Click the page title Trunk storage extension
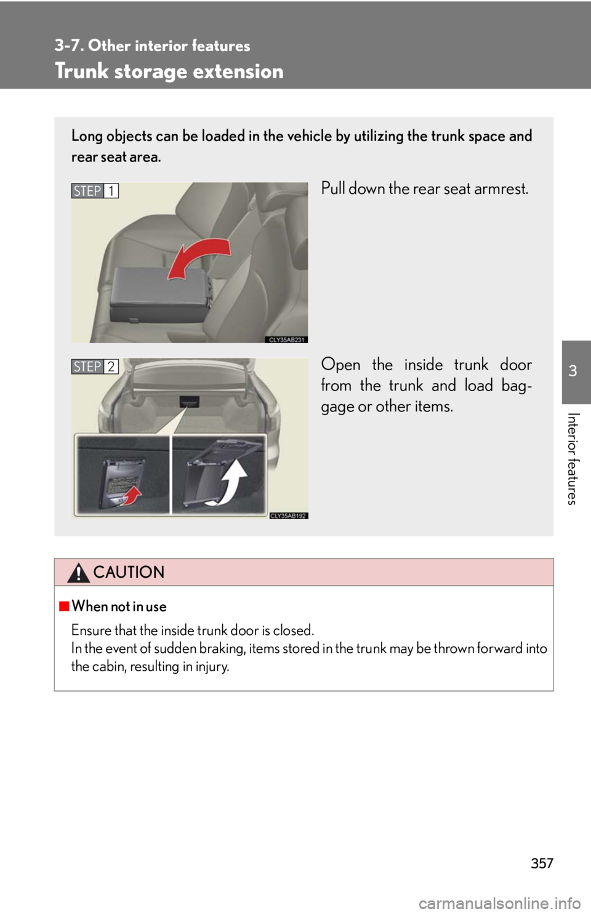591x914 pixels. [169, 71]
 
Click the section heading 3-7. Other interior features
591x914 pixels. [153, 46]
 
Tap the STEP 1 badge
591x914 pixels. [95, 190]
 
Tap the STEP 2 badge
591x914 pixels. [95, 366]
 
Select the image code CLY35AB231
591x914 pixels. [286, 339]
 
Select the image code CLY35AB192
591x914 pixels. [288, 516]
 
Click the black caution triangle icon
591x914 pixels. [78, 572]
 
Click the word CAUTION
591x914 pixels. [129, 572]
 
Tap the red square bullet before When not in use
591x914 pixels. [63, 606]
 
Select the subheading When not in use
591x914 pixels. [119, 606]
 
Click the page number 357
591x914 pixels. [542, 863]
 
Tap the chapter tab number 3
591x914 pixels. [573, 371]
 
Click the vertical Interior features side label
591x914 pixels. [573, 459]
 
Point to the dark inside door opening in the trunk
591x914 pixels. [189, 402]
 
